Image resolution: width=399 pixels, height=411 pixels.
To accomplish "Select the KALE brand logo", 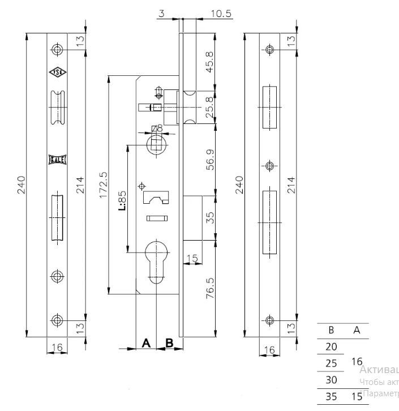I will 57,160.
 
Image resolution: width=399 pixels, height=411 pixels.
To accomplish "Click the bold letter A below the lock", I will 145,343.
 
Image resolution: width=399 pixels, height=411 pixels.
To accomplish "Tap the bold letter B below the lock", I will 169,343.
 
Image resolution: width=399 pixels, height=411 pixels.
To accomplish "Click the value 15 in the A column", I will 356,396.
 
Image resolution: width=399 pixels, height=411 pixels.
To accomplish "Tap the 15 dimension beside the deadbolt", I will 192,259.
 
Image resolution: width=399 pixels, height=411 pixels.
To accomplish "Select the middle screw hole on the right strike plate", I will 270,166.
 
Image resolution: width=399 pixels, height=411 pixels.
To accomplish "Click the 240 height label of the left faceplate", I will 22,185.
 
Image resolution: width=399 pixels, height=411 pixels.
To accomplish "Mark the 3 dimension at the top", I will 162,13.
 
